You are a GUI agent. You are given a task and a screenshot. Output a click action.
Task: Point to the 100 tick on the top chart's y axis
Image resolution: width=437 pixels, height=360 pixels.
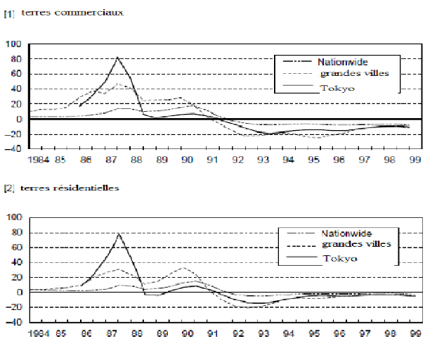coord(14,44)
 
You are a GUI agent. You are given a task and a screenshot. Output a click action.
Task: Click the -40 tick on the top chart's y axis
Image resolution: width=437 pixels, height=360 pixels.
coord(13,149)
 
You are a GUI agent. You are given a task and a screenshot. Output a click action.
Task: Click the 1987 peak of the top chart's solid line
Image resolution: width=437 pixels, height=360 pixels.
coord(117,57)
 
